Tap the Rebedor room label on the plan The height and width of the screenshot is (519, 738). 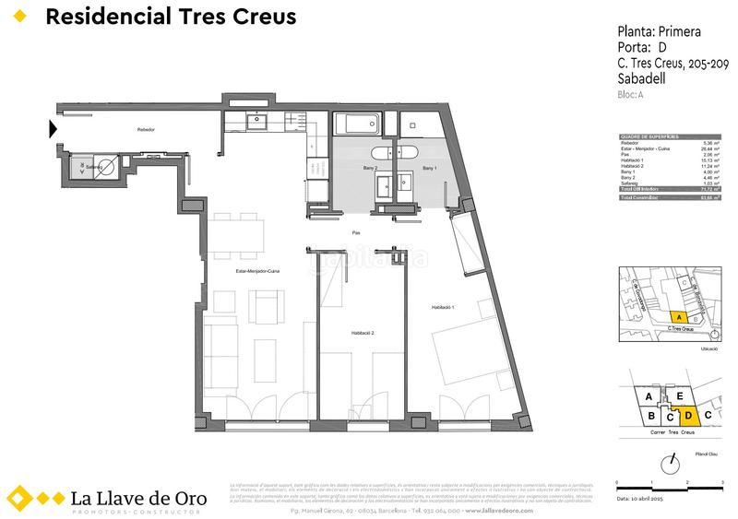[145, 130]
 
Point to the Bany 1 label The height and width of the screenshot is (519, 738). [430, 169]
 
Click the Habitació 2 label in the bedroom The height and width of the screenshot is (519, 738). [362, 332]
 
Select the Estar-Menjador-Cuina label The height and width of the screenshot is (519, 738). [257, 271]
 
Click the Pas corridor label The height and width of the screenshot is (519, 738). [355, 233]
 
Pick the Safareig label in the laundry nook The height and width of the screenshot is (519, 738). [93, 168]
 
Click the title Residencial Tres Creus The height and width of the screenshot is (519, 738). [171, 18]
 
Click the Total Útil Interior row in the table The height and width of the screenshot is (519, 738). [669, 188]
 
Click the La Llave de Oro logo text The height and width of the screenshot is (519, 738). [138, 499]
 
